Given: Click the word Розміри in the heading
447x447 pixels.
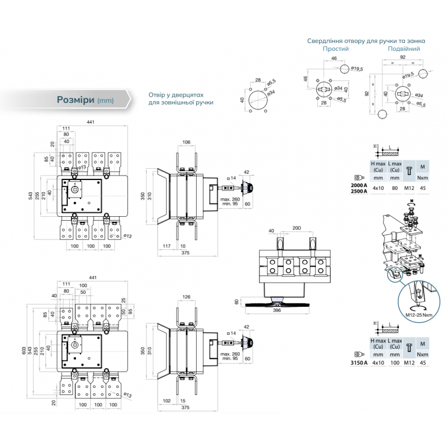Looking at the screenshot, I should pyautogui.click(x=75, y=100).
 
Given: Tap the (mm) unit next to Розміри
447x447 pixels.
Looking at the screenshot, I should pyautogui.click(x=106, y=101).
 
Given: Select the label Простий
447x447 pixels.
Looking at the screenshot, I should pyautogui.click(x=335, y=49).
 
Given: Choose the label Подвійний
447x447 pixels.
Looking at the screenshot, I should pyautogui.click(x=404, y=49).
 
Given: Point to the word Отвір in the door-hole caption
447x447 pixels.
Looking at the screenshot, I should pyautogui.click(x=158, y=95).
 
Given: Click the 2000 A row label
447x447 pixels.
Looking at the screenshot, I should pyautogui.click(x=359, y=185).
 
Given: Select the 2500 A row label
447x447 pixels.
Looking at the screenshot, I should pyautogui.click(x=359, y=191).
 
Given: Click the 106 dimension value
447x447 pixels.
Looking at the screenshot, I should pyautogui.click(x=187, y=142).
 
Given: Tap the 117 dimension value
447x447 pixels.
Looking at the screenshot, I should pyautogui.click(x=166, y=246).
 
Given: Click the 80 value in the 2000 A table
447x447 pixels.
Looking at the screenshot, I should pyautogui.click(x=394, y=188).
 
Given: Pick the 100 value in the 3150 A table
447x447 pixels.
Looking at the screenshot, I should pyautogui.click(x=394, y=363).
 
